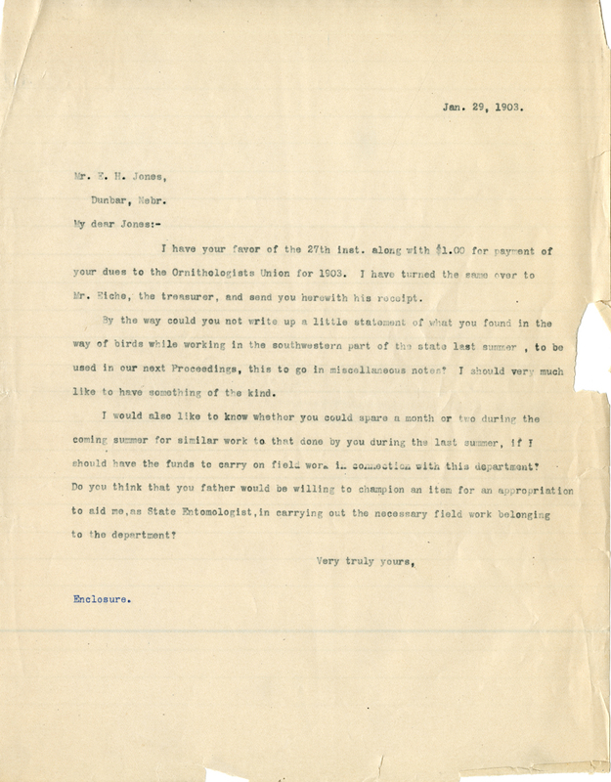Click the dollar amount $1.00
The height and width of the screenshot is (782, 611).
(x=389, y=250)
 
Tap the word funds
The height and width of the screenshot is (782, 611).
(x=159, y=467)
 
